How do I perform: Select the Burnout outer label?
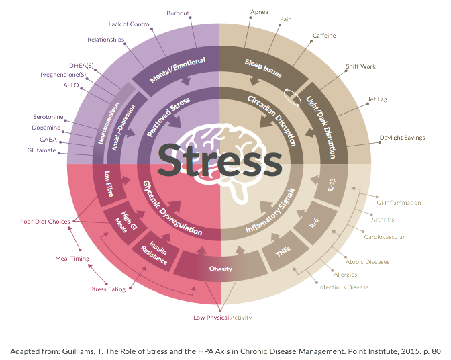point(179,13)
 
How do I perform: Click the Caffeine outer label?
point(324,36)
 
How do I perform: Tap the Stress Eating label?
point(108,289)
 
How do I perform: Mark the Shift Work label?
point(361,66)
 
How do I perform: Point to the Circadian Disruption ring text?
point(271,120)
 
